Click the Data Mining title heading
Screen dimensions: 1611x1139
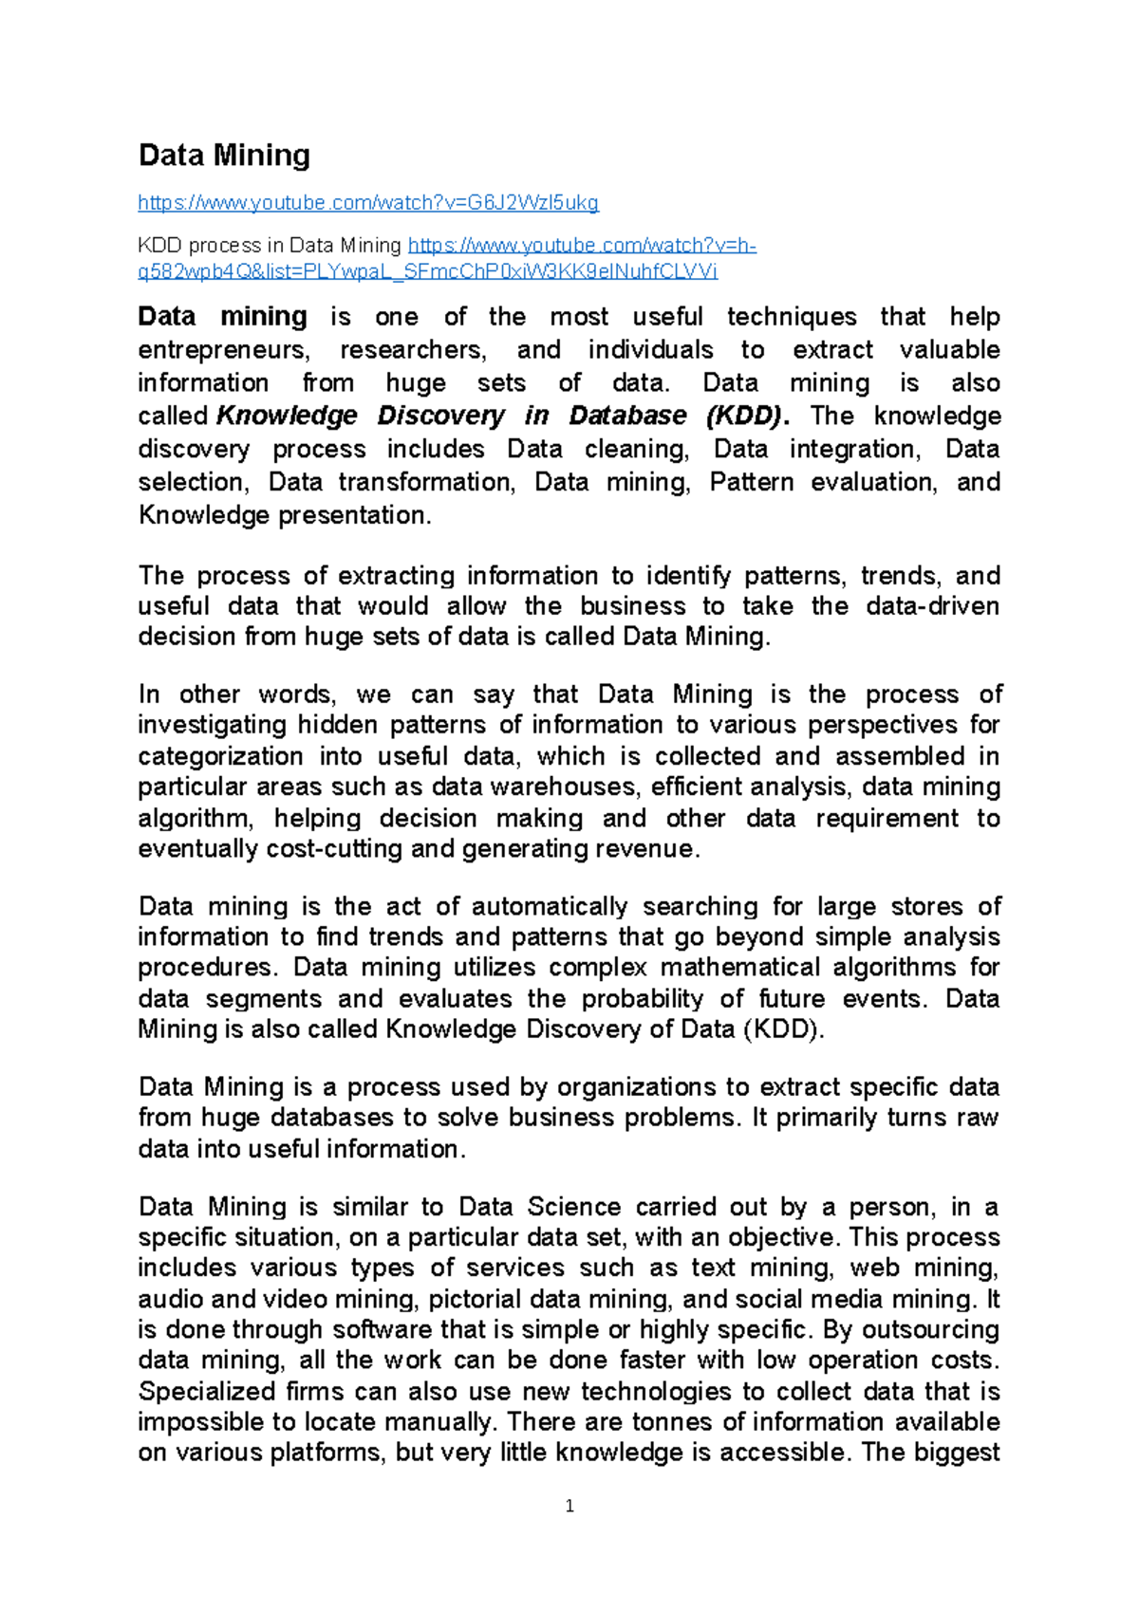pyautogui.click(x=224, y=156)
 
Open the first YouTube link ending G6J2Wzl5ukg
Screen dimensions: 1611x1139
pyautogui.click(x=368, y=202)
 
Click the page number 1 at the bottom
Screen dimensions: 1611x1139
pyautogui.click(x=569, y=1506)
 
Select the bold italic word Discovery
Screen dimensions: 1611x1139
pyautogui.click(x=441, y=416)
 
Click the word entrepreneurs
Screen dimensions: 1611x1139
pyautogui.click(x=223, y=350)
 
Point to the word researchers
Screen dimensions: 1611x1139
pyautogui.click(x=413, y=350)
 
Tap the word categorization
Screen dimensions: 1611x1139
pyautogui.click(x=220, y=756)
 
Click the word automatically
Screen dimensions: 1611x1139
pyautogui.click(x=550, y=906)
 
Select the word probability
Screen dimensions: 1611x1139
pyautogui.click(x=643, y=998)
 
